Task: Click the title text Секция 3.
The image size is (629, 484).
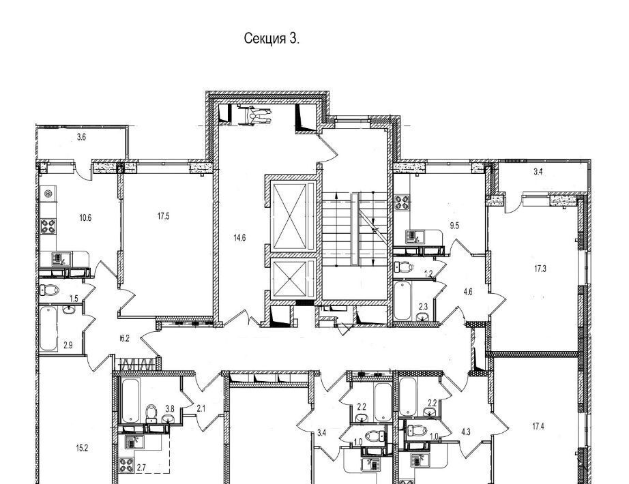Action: [x=272, y=39]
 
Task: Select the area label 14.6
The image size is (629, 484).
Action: [x=239, y=238]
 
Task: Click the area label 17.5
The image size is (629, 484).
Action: [x=163, y=216]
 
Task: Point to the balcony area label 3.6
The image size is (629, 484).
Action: [x=81, y=137]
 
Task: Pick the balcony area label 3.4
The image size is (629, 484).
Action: [x=538, y=172]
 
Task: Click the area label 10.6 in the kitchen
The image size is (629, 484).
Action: [x=85, y=217]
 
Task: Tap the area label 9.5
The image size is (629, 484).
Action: [x=454, y=226]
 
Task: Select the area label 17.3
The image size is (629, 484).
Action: [x=540, y=269]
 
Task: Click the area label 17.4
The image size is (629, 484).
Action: [x=538, y=427]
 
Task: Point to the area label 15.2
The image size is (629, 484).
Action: [x=81, y=449]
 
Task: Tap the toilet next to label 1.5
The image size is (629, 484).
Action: [x=49, y=290]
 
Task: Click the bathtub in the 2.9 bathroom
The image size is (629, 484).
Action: [x=48, y=328]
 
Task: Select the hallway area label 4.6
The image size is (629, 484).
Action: [x=468, y=292]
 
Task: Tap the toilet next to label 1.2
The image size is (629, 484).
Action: [x=404, y=267]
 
